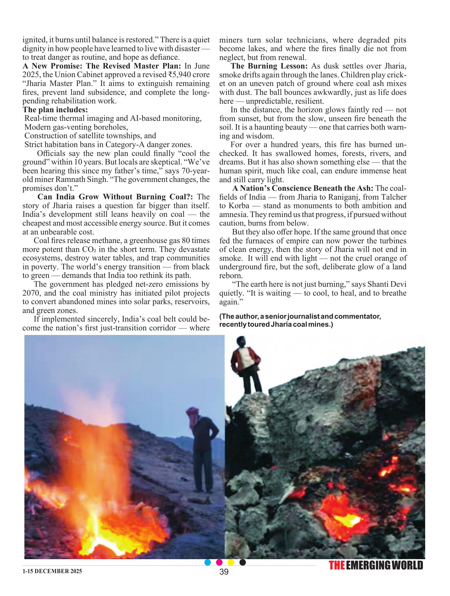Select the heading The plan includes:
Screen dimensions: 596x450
(x=55, y=110)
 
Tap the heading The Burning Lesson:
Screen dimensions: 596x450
(x=269, y=66)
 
